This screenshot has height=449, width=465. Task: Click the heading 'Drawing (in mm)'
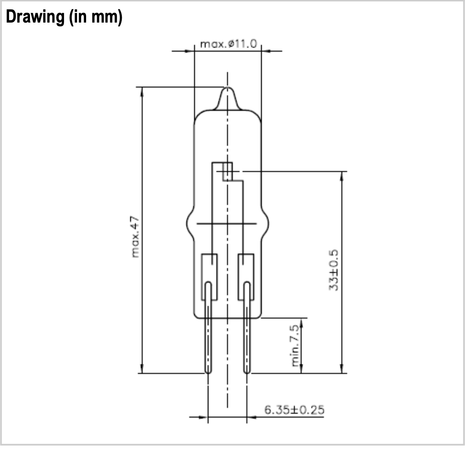tap(64, 17)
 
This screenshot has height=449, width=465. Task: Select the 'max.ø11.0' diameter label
tap(228, 44)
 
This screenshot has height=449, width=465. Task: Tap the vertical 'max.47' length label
tap(135, 236)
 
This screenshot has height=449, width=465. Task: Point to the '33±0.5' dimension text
tap(334, 270)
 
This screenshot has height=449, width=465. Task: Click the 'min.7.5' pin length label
tap(295, 346)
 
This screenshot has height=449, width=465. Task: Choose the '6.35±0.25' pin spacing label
tap(294, 410)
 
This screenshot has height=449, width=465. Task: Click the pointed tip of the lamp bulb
tap(228, 87)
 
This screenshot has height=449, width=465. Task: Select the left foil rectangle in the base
tap(209, 277)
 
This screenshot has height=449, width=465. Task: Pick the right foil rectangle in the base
tap(246, 277)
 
